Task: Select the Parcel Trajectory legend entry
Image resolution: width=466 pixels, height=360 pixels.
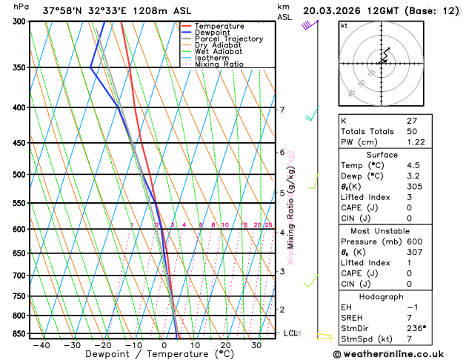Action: tap(228, 39)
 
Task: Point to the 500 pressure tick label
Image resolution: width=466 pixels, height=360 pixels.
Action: tap(19, 175)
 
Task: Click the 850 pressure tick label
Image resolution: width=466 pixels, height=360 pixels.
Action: tap(19, 334)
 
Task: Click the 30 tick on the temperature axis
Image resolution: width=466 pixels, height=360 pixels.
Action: tap(256, 345)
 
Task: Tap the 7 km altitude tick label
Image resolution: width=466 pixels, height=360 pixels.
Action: tap(282, 110)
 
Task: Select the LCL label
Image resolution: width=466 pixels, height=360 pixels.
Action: tap(290, 333)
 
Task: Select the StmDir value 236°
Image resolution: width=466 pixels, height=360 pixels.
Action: tap(416, 327)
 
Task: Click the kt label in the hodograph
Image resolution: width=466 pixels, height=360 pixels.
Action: tap(344, 26)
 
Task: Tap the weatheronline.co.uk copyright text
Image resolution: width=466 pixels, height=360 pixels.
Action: tap(397, 354)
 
